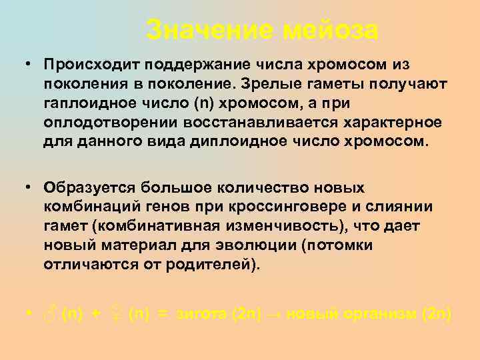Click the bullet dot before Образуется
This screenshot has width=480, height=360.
pyautogui.click(x=31, y=188)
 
